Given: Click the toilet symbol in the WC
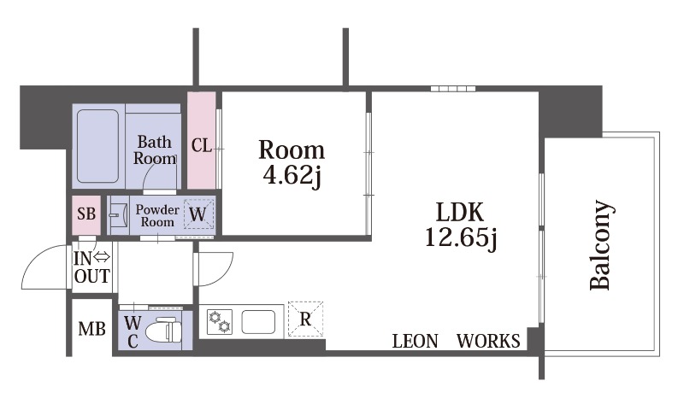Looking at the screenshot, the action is point(163,331).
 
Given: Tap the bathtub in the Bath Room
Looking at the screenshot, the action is point(97,146).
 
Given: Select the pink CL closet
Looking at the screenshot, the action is point(202,140).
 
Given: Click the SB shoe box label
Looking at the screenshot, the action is point(86,214).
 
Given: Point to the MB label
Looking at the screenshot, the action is point(91,329).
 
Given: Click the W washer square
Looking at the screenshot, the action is point(199,214).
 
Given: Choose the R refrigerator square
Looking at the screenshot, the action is point(306,319).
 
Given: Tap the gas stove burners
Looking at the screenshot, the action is point(220,322).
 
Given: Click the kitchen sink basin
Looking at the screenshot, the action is point(258,321).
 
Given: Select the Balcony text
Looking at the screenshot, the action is point(599,245).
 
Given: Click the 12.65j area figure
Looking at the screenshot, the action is point(461,238).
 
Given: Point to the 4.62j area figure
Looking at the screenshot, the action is point(292,175).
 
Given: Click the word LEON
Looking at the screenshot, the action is point(415,341).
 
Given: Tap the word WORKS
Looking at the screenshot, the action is point(488,341).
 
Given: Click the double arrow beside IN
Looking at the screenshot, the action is point(101,257).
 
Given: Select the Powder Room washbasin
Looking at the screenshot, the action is point(119,214).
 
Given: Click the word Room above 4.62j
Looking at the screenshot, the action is point(292,149).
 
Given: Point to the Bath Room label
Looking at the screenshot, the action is point(155,149).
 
